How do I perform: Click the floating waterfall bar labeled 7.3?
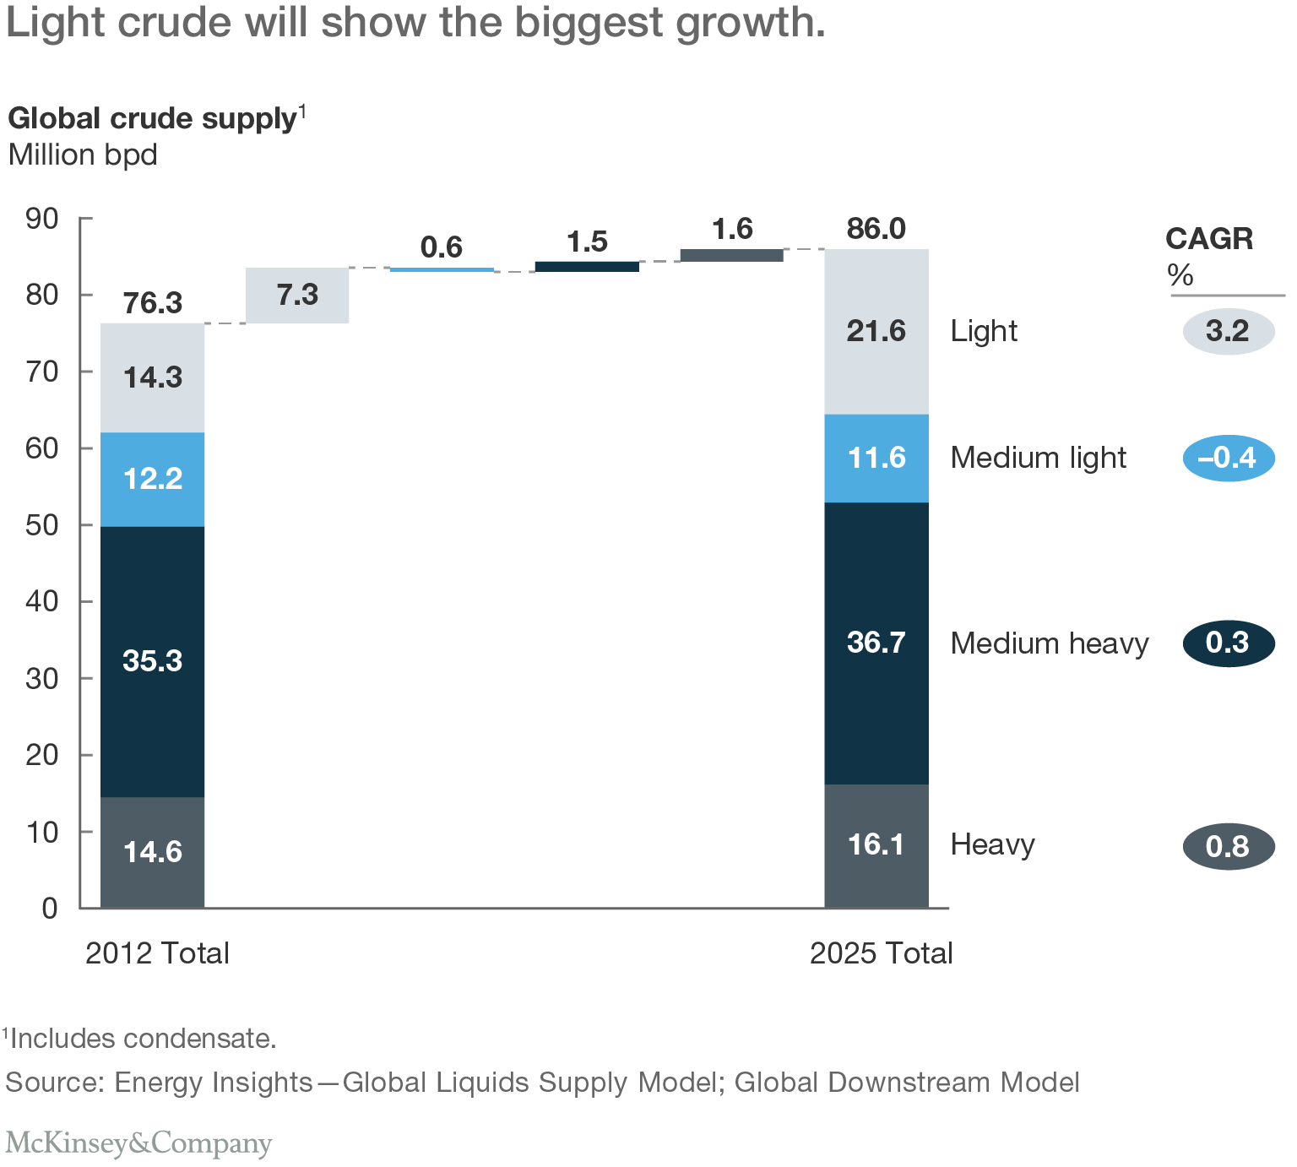[x=297, y=296]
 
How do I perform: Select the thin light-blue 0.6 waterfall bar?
[x=442, y=269]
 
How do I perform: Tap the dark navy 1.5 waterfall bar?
[x=587, y=266]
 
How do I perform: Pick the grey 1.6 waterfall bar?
[x=731, y=255]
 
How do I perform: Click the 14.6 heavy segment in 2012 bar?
[x=152, y=852]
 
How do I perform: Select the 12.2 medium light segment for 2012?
[x=152, y=479]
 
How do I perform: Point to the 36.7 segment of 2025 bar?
[x=876, y=643]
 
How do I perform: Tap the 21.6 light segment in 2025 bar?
[x=876, y=331]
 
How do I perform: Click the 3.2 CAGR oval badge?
[x=1229, y=331]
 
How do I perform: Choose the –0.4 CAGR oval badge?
[x=1229, y=459]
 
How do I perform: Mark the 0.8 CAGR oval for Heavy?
[x=1229, y=846]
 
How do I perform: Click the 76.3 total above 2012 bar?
[x=152, y=302]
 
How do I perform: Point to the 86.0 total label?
[x=876, y=229]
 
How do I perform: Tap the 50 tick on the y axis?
[x=42, y=524]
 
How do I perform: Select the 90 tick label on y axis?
[x=42, y=219]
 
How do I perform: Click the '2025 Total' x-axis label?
[x=881, y=953]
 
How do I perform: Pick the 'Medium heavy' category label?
[x=1050, y=643]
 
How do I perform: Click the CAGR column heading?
[x=1209, y=239]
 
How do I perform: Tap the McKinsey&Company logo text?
[x=139, y=1143]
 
